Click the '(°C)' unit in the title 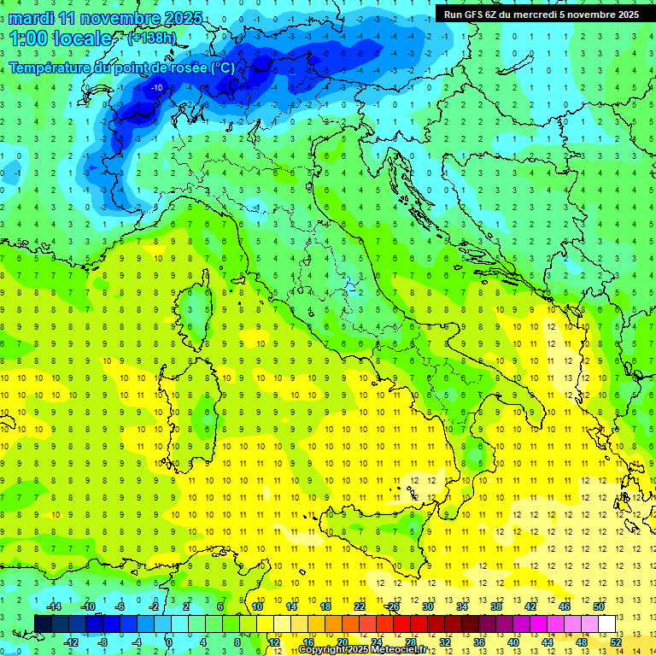tap(222, 67)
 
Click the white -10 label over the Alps tap(157, 88)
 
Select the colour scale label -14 tap(53, 606)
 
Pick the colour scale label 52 tap(615, 641)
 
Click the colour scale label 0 tap(168, 641)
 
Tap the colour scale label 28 tap(410, 641)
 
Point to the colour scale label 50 tap(599, 606)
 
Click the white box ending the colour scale tap(606, 624)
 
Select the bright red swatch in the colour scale tap(401, 624)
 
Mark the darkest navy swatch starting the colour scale tap(43, 624)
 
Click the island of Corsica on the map tap(198, 303)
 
